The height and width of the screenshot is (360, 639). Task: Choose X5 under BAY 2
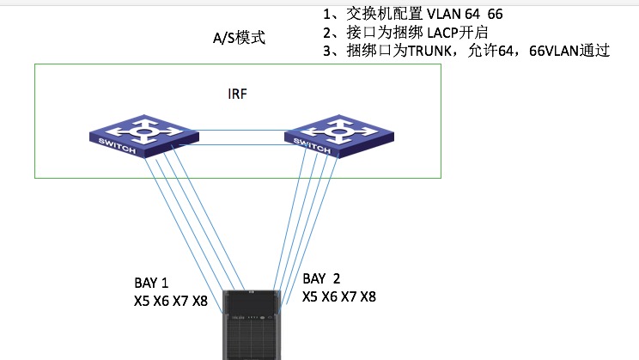(311, 296)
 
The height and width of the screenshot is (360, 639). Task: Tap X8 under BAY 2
(367, 296)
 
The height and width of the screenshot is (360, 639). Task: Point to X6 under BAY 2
(330, 296)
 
